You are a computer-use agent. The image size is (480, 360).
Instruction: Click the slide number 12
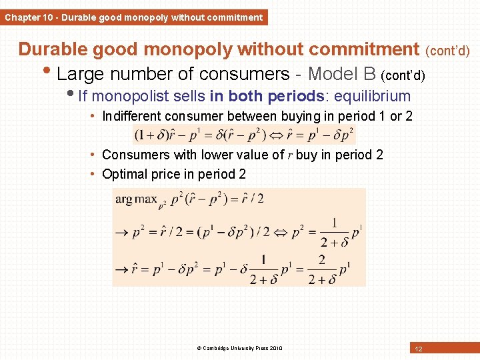(418, 349)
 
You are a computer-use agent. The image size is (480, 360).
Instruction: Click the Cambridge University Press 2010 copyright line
(239, 348)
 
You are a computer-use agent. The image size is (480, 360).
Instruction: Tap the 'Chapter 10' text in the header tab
(29, 17)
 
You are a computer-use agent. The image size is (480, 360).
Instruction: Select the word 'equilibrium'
(372, 95)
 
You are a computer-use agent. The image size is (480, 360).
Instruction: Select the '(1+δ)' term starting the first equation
(150, 135)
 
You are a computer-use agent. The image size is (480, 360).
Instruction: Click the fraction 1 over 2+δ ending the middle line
(333, 232)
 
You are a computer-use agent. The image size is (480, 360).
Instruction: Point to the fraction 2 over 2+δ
(321, 269)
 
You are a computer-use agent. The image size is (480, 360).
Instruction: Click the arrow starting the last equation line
(122, 270)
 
